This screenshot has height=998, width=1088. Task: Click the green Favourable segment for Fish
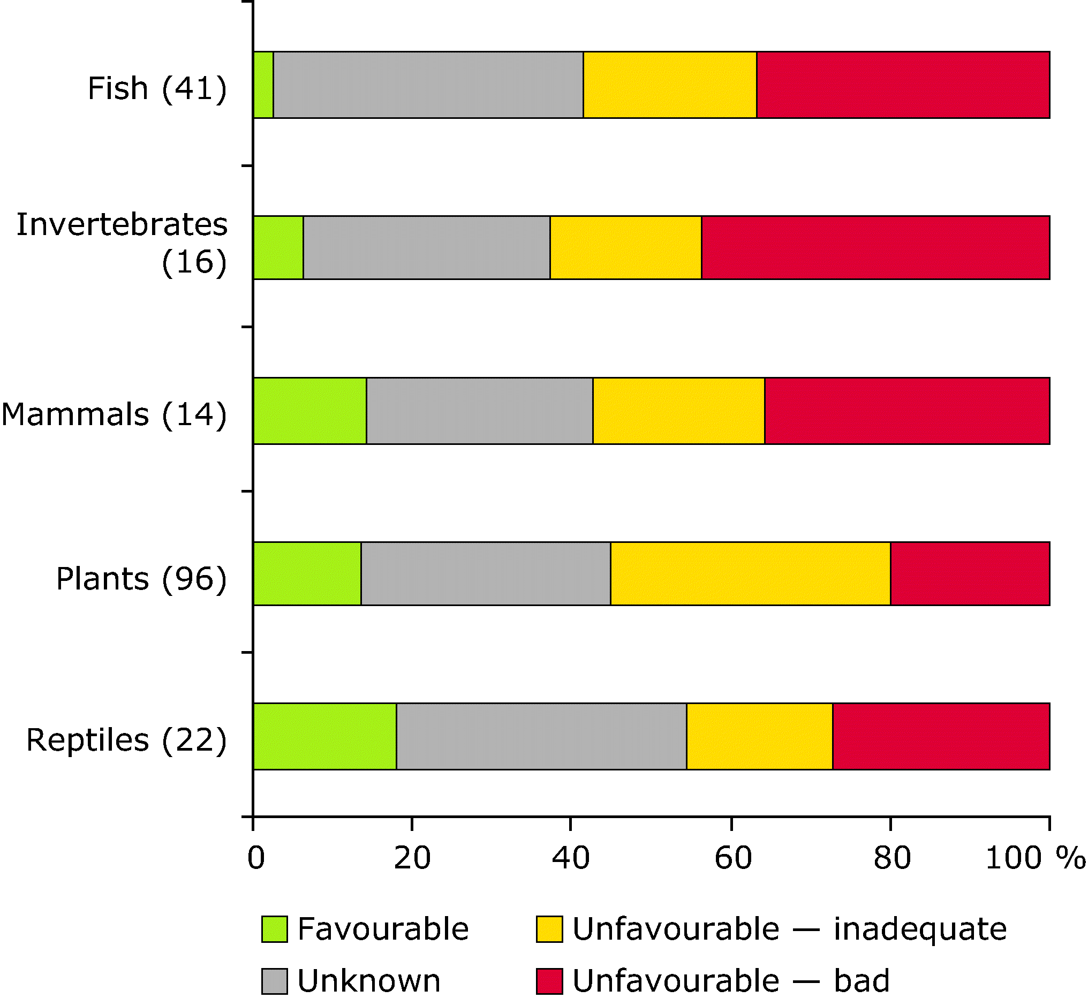(263, 85)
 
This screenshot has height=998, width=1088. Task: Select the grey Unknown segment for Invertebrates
(427, 248)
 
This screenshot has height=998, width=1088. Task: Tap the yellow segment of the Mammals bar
(679, 411)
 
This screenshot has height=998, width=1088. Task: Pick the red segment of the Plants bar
(970, 573)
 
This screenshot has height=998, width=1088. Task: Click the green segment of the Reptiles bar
(324, 737)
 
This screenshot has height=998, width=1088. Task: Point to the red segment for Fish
(903, 85)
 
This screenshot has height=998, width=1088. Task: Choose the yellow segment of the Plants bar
(751, 573)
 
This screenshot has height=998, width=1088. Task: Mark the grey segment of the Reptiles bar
(541, 737)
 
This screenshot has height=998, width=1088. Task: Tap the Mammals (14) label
(114, 415)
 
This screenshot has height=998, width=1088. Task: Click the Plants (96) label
(141, 579)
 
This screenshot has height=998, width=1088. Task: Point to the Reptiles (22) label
(126, 740)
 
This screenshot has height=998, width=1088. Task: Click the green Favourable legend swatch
(274, 929)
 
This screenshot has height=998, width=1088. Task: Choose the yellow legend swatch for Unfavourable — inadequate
(549, 929)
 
